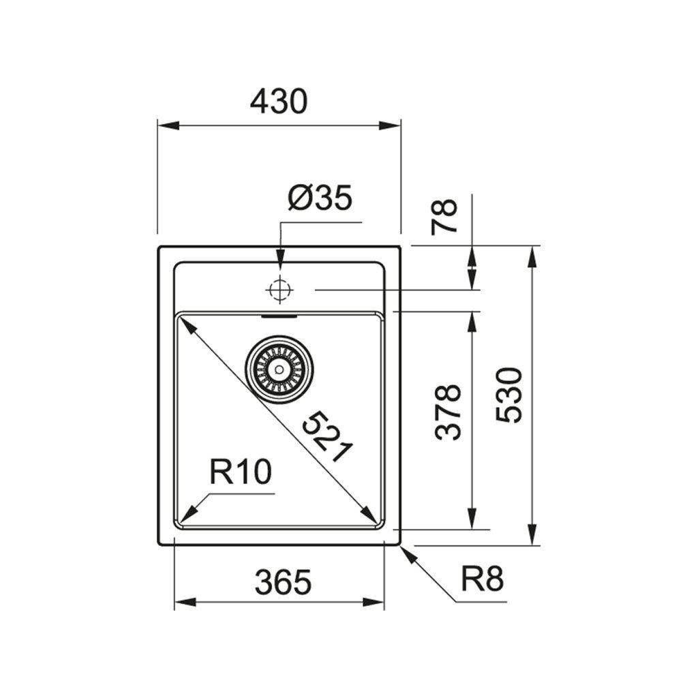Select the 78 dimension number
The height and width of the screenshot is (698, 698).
pyautogui.click(x=446, y=217)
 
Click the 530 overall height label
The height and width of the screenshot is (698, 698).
pyautogui.click(x=510, y=395)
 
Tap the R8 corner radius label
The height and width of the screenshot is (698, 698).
pyautogui.click(x=482, y=581)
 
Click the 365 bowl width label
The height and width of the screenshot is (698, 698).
pyautogui.click(x=283, y=583)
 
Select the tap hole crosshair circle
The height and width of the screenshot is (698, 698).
pyautogui.click(x=279, y=290)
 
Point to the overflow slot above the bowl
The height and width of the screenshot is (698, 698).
pyautogui.click(x=279, y=316)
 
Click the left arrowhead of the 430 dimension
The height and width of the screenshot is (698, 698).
pyautogui.click(x=166, y=125)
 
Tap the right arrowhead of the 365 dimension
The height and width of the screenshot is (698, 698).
pyautogui.click(x=376, y=602)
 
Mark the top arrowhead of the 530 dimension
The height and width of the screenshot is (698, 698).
pyautogui.click(x=533, y=255)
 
